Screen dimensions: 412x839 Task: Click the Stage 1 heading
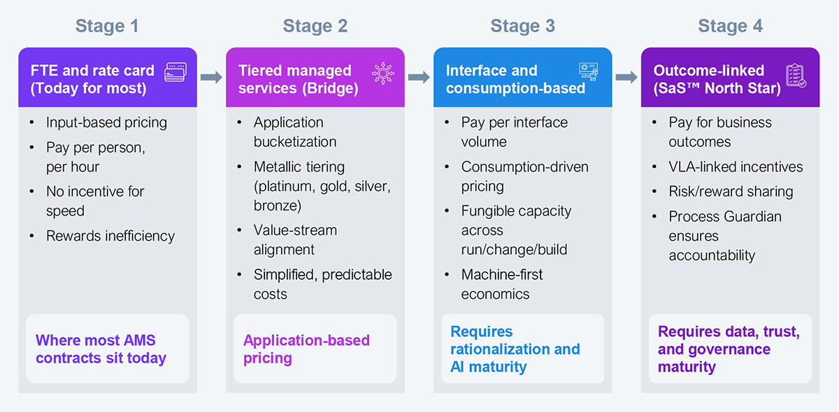pos(107,27)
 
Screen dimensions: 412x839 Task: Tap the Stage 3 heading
pos(522,27)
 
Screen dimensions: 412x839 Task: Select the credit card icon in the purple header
pos(175,72)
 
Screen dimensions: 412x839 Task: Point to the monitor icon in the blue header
pos(589,72)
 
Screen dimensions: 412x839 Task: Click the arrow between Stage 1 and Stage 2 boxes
pos(210,77)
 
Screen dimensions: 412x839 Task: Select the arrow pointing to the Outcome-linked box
pos(626,77)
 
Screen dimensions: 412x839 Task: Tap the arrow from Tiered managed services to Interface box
pos(418,77)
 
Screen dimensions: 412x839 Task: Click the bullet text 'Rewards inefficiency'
pos(110,236)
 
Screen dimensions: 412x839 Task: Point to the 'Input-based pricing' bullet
pos(106,122)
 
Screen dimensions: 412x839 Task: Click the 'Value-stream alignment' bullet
pos(295,240)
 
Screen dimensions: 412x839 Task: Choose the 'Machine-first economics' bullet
pos(501,284)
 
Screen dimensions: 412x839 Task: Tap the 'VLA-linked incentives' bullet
pos(736,167)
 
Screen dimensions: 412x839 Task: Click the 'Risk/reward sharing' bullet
pos(731,192)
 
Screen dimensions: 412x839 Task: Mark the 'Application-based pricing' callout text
pos(306,349)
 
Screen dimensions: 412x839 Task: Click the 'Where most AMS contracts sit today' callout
pos(101,349)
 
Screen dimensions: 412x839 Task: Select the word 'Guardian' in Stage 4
pos(752,217)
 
